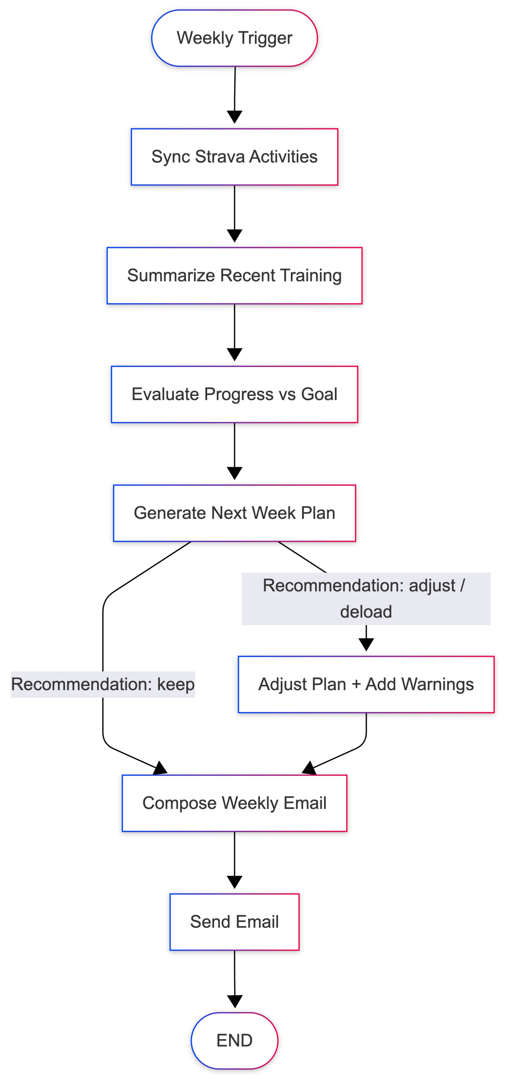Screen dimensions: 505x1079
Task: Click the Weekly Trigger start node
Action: pos(234,38)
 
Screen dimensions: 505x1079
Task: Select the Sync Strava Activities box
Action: pos(234,157)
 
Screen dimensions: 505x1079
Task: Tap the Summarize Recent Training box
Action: pos(234,276)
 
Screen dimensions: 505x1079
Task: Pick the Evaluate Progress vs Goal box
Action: pos(234,394)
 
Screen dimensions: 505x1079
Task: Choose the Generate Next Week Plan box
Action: pos(234,513)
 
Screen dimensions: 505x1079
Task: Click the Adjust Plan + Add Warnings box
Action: pos(366,685)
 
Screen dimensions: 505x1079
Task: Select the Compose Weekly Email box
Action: pos(234,803)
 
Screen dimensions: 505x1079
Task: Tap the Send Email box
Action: pos(234,922)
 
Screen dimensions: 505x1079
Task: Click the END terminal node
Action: pos(234,1041)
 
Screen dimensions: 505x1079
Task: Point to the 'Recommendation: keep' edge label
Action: pos(103,685)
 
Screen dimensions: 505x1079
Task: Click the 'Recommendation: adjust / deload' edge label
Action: pos(366,598)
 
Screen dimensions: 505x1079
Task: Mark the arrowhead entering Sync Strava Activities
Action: pos(234,117)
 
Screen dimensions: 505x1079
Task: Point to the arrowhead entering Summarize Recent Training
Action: pos(234,236)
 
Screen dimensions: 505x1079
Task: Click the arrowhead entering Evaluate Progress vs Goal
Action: pos(234,355)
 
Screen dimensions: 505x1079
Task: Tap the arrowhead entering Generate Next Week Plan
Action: pos(234,474)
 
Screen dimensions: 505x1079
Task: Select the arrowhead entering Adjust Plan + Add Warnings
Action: pos(366,645)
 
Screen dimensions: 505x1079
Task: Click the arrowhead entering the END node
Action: pos(234,1002)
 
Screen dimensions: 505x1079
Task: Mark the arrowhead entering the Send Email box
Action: pos(234,883)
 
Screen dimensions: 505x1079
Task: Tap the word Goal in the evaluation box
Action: pos(319,394)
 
